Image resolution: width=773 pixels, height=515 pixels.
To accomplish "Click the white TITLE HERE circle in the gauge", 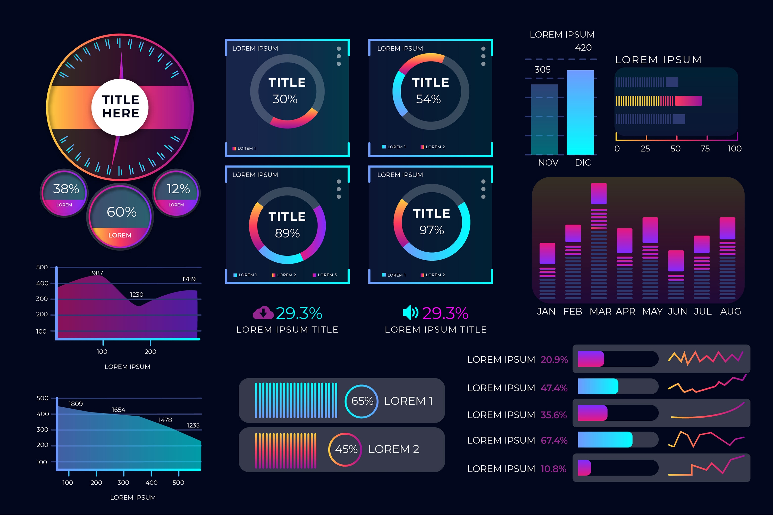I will (120, 107).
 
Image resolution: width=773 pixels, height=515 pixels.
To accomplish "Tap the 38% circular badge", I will (64, 193).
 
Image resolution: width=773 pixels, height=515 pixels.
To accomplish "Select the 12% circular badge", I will (177, 193).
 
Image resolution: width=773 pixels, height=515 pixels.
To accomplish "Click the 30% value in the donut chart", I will (285, 99).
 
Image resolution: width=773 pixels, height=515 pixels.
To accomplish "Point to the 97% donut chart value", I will (432, 230).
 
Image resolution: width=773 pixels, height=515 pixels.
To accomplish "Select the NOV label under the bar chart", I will (548, 162).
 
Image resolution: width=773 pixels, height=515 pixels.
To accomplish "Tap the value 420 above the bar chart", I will (583, 48).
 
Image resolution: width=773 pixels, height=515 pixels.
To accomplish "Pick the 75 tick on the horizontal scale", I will (705, 149).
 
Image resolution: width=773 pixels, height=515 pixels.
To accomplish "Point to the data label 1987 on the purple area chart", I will (96, 273).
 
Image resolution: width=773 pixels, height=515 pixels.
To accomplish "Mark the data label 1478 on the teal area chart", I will (165, 420).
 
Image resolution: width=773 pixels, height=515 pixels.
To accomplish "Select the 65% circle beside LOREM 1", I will (362, 401).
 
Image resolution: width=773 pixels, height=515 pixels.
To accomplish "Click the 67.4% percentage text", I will (554, 440).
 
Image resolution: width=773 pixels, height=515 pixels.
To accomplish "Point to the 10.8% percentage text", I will (553, 469).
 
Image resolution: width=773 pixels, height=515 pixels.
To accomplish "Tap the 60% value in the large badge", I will (122, 212).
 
